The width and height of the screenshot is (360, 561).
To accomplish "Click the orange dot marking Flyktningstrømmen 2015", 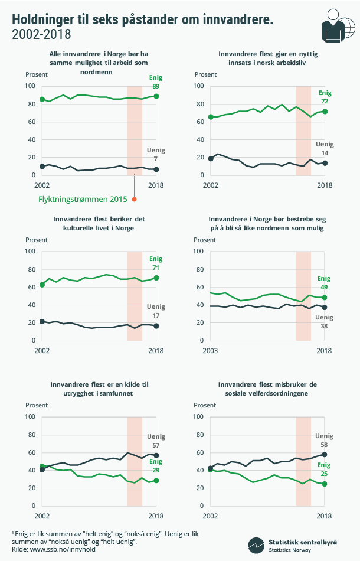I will (x=135, y=198).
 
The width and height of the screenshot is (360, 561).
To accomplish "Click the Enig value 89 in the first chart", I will (x=156, y=86).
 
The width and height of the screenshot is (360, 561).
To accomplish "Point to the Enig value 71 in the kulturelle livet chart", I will (x=156, y=268).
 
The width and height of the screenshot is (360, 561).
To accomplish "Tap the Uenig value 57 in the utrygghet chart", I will (x=156, y=445).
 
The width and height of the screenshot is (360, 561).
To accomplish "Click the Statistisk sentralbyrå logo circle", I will (x=256, y=544).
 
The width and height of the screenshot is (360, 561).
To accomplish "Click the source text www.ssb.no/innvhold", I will (x=54, y=549).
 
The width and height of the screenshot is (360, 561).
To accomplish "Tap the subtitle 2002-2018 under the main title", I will (x=41, y=35).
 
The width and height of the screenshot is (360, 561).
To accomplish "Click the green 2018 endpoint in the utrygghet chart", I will (x=156, y=481).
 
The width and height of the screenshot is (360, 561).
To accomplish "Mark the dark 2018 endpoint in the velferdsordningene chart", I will (x=325, y=455).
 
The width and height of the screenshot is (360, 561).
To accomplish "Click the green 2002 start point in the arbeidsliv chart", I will (x=211, y=117).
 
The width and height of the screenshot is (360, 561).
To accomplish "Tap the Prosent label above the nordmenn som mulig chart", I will (x=205, y=240).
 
